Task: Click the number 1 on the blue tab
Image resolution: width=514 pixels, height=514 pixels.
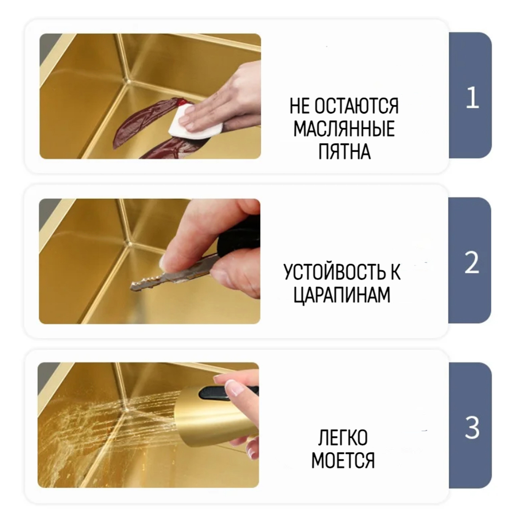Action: point(472,98)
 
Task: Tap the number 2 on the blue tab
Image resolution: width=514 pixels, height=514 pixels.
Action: point(471,263)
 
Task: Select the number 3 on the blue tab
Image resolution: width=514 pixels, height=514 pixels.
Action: point(472,428)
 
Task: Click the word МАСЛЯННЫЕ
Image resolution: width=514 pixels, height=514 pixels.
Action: point(344,129)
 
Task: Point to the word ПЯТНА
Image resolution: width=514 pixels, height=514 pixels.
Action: point(344,152)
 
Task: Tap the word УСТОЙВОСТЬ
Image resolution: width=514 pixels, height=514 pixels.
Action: point(330,272)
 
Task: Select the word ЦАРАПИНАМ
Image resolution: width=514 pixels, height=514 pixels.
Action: point(342,295)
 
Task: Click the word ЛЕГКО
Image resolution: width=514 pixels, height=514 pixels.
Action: point(343,437)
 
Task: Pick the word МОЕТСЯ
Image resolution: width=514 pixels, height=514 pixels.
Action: point(343,460)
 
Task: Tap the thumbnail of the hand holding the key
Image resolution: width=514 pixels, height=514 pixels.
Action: point(150,261)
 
